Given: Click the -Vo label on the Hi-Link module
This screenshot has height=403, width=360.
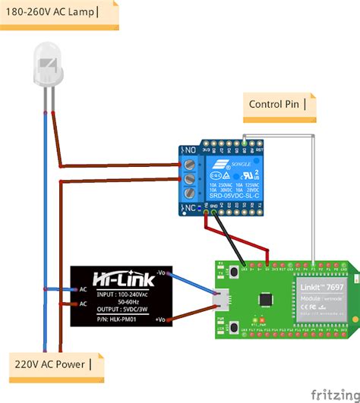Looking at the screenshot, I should (162, 272).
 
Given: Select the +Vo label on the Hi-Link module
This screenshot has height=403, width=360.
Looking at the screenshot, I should (162, 321).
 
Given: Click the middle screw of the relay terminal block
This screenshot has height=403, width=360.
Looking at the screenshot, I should (189, 179).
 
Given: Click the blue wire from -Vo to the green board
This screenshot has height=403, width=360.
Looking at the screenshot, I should (194, 282).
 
